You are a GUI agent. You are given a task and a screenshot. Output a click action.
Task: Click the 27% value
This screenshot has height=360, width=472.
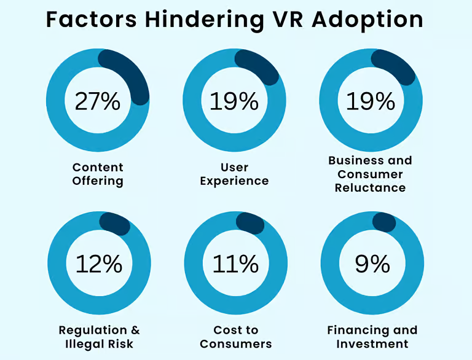[98, 101]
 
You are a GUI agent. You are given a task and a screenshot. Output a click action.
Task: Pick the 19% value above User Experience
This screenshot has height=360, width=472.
[234, 101]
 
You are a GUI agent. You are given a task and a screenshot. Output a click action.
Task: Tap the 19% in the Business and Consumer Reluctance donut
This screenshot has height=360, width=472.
[371, 101]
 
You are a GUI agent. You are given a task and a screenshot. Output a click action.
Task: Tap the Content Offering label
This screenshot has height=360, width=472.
[98, 174]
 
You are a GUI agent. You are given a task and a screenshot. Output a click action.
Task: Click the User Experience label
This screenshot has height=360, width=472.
[234, 174]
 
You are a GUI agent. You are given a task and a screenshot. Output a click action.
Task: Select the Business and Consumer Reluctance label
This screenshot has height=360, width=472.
[370, 174]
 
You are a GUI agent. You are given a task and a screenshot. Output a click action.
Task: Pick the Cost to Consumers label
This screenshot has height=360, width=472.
[236, 337]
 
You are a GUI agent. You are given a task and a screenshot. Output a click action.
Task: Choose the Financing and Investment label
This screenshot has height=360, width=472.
[372, 337]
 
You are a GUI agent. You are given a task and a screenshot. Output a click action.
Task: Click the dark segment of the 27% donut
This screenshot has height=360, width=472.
[132, 73]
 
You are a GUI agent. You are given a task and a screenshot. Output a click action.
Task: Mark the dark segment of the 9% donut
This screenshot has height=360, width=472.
[384, 222]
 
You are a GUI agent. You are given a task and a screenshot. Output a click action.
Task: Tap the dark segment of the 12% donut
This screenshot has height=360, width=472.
[115, 224]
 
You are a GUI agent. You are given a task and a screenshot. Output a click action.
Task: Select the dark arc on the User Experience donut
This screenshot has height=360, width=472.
[258, 66]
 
